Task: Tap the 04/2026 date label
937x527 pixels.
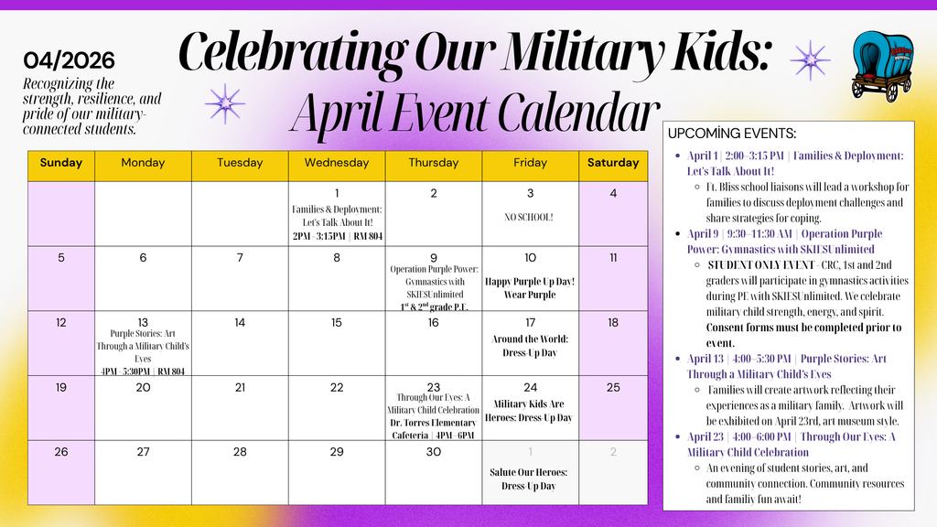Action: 70,61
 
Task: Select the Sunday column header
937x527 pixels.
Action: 61,163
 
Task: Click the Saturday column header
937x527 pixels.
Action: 612,163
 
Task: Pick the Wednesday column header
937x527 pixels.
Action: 337,163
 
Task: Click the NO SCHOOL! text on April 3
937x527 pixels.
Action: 529,218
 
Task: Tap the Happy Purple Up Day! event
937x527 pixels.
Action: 530,288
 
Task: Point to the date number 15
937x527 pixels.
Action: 337,322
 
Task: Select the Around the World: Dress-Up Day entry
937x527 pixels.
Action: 530,346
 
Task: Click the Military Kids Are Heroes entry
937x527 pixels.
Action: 530,410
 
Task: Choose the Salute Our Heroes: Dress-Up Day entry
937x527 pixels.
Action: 529,479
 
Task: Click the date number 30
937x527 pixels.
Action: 433,452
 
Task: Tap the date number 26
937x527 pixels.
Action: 61,452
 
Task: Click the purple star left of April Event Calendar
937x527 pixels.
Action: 224,103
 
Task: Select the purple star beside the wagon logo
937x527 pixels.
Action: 810,60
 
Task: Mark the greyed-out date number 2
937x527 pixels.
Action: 612,452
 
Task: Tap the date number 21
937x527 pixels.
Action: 240,387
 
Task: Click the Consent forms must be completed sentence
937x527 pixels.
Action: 803,335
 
